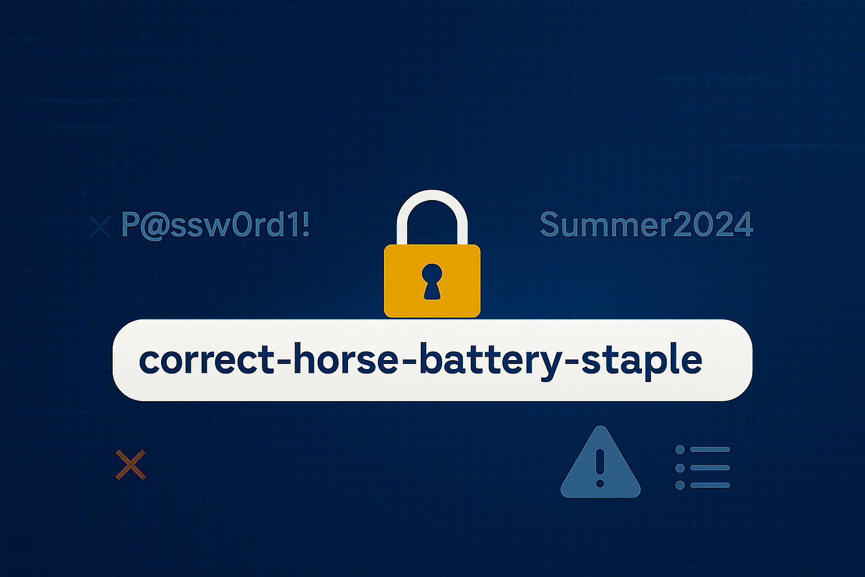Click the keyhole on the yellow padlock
pos(432,281)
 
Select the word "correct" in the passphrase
pos(207,359)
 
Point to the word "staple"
pos(642,361)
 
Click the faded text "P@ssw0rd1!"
pos(216,224)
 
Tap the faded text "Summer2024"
pos(646,224)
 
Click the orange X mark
pos(131,464)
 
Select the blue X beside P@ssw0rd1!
pos(100,227)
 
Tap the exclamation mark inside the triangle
pos(600,468)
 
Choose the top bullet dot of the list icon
pos(680,450)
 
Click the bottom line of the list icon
pos(710,485)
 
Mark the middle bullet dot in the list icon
pos(680,468)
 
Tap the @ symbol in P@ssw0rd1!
pos(157,226)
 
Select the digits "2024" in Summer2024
pos(714,224)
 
